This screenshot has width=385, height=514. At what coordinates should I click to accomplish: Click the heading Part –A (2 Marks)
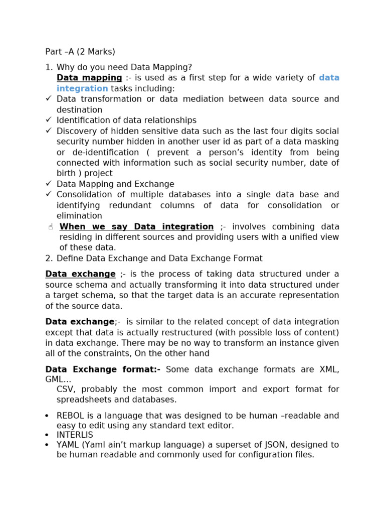tap(80, 52)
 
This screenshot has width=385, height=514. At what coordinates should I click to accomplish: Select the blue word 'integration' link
tap(82, 89)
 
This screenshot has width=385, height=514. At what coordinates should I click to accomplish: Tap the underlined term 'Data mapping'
tap(89, 78)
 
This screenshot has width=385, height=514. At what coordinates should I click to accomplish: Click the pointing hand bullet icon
tap(51, 227)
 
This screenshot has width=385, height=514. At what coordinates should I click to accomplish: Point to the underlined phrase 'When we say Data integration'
tap(136, 227)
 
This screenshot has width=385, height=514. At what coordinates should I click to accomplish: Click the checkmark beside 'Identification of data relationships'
tap(49, 120)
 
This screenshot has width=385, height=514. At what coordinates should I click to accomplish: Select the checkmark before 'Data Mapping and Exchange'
tap(49, 184)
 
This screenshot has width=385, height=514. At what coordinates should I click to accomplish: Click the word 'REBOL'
tap(70, 416)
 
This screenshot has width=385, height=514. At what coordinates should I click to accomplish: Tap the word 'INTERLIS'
tap(75, 435)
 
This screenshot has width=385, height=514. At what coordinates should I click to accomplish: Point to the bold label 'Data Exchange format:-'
tap(103, 369)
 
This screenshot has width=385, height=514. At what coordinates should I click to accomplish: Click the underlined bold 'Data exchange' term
tap(80, 274)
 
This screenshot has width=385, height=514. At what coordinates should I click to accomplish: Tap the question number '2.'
tap(49, 259)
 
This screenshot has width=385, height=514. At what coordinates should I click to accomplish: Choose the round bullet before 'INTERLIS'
tap(47, 435)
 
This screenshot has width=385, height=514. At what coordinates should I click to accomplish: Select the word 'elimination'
tap(79, 216)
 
